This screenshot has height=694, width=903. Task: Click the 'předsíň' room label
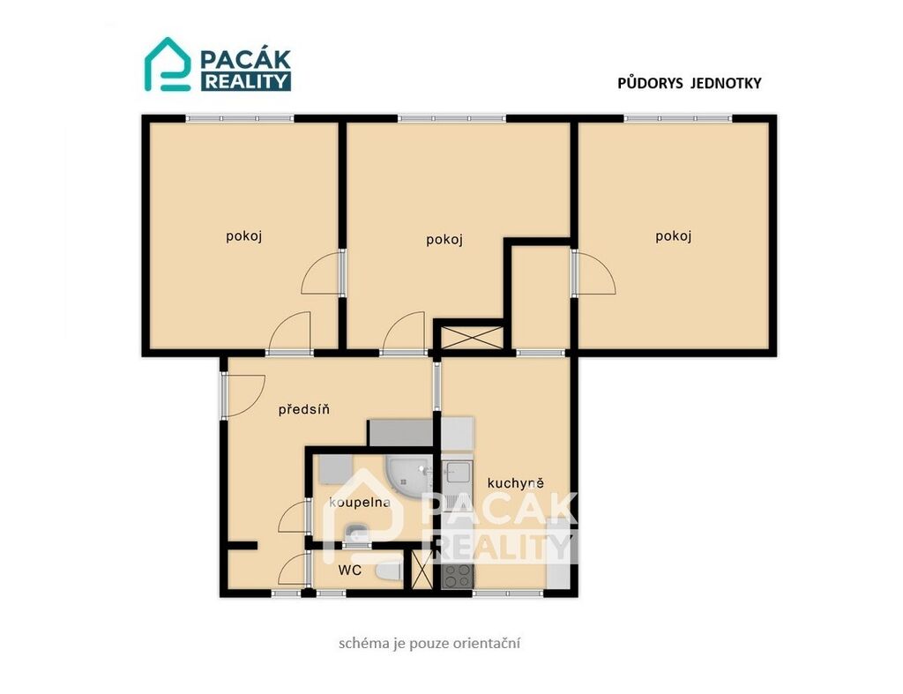click(303, 409)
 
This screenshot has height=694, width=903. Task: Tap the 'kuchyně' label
click(515, 482)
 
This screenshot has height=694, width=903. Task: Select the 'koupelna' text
click(360, 503)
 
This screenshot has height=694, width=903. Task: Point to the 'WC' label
click(349, 571)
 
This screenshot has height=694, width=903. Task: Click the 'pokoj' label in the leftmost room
click(244, 236)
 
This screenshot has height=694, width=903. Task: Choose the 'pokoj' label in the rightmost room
click(673, 236)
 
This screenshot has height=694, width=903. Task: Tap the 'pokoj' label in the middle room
click(444, 240)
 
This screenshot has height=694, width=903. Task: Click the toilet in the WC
click(389, 572)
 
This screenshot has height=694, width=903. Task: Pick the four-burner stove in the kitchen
click(458, 575)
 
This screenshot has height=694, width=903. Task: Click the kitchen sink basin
click(458, 471)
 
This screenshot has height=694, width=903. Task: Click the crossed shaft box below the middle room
click(469, 338)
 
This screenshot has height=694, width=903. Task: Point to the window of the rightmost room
click(678, 119)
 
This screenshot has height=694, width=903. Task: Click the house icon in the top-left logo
click(167, 63)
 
